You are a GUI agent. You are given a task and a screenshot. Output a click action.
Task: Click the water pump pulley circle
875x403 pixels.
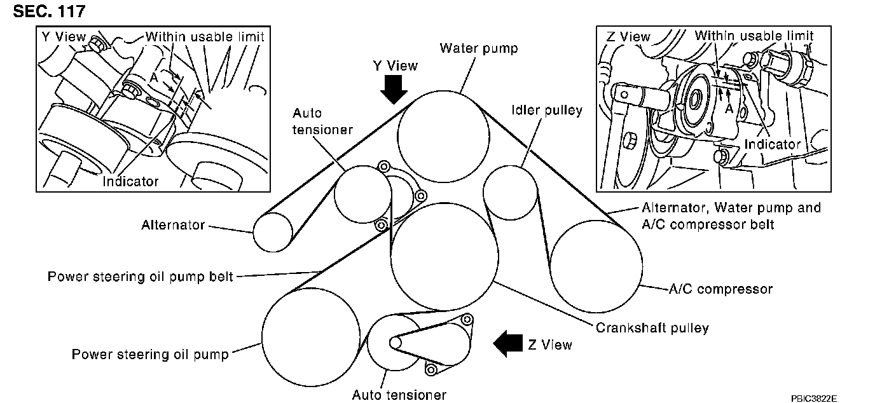pyautogui.click(x=443, y=137)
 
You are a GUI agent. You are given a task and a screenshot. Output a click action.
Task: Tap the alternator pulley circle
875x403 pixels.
pyautogui.click(x=273, y=231)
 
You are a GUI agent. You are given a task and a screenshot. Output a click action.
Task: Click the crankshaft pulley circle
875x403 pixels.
pyautogui.click(x=443, y=257)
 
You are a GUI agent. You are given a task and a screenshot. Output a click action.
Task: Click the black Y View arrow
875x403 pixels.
pyautogui.click(x=394, y=88)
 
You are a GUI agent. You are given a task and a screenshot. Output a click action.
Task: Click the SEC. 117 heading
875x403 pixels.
pyautogui.click(x=49, y=11)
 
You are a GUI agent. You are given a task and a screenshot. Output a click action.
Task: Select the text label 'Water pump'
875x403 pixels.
pyautogui.click(x=479, y=48)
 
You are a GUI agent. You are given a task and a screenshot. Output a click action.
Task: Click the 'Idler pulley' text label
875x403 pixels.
pyautogui.click(x=546, y=111)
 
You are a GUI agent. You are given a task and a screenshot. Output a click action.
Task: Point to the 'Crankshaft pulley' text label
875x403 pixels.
pyautogui.click(x=652, y=328)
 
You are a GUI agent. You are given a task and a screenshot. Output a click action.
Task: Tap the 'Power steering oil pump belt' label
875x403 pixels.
pyautogui.click(x=141, y=277)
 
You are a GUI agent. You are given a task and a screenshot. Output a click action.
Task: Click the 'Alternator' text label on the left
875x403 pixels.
pyautogui.click(x=173, y=224)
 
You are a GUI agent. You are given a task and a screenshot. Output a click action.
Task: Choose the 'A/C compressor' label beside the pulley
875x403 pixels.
pyautogui.click(x=720, y=289)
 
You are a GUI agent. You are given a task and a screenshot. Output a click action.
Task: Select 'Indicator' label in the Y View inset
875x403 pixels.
pyautogui.click(x=130, y=181)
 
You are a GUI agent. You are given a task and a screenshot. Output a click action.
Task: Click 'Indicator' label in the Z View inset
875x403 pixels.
pyautogui.click(x=772, y=144)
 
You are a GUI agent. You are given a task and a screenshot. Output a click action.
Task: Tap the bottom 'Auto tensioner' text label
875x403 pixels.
pyautogui.click(x=399, y=395)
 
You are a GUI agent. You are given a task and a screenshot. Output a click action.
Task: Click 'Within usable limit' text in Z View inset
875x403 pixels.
pyautogui.click(x=754, y=36)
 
